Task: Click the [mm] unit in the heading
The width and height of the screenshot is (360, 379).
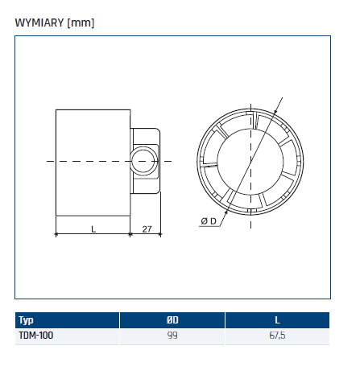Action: (82, 23)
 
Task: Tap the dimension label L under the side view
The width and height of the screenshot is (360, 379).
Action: (93, 229)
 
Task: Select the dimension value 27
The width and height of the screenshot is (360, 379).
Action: (147, 229)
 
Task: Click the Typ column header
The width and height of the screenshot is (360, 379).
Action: (26, 320)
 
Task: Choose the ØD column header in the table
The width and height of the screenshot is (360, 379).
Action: (172, 320)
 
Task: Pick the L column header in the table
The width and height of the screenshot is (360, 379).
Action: (277, 320)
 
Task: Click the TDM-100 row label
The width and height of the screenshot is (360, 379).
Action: (35, 336)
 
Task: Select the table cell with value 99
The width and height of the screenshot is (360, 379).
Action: (172, 336)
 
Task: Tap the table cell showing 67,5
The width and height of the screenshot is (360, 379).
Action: (277, 336)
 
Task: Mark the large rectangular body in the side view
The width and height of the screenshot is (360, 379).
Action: (93, 161)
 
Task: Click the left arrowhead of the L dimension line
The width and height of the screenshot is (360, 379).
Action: (57, 235)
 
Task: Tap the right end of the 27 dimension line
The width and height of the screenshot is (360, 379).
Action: (161, 235)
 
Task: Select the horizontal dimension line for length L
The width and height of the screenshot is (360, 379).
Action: (93, 235)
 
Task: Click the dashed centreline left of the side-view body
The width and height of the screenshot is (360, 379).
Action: (50, 162)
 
